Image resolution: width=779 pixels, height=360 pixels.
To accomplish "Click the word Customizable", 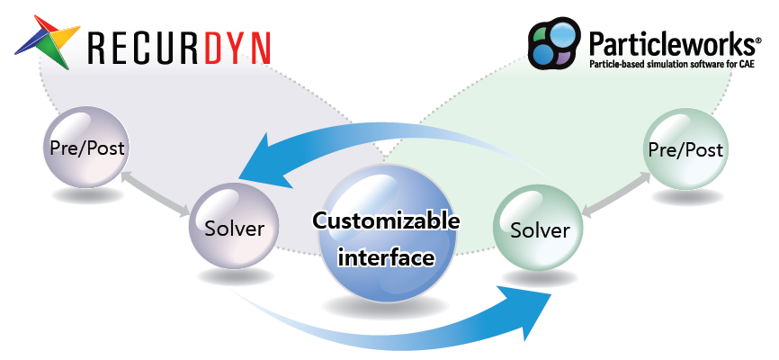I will pyautogui.click(x=386, y=220).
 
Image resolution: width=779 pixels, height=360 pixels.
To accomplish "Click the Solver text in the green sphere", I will pyautogui.click(x=540, y=230).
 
